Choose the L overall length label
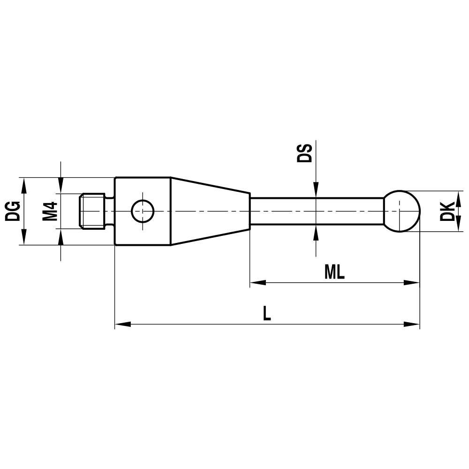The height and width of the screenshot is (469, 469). point(266,313)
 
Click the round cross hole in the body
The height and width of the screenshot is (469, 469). point(142,211)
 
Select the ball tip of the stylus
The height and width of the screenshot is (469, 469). point(402,211)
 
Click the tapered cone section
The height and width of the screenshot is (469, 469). point(209,211)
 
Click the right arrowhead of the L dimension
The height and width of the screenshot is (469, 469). point(412,324)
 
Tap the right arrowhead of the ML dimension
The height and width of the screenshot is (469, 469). point(412,283)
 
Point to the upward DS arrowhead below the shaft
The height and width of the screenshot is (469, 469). point(317,232)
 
